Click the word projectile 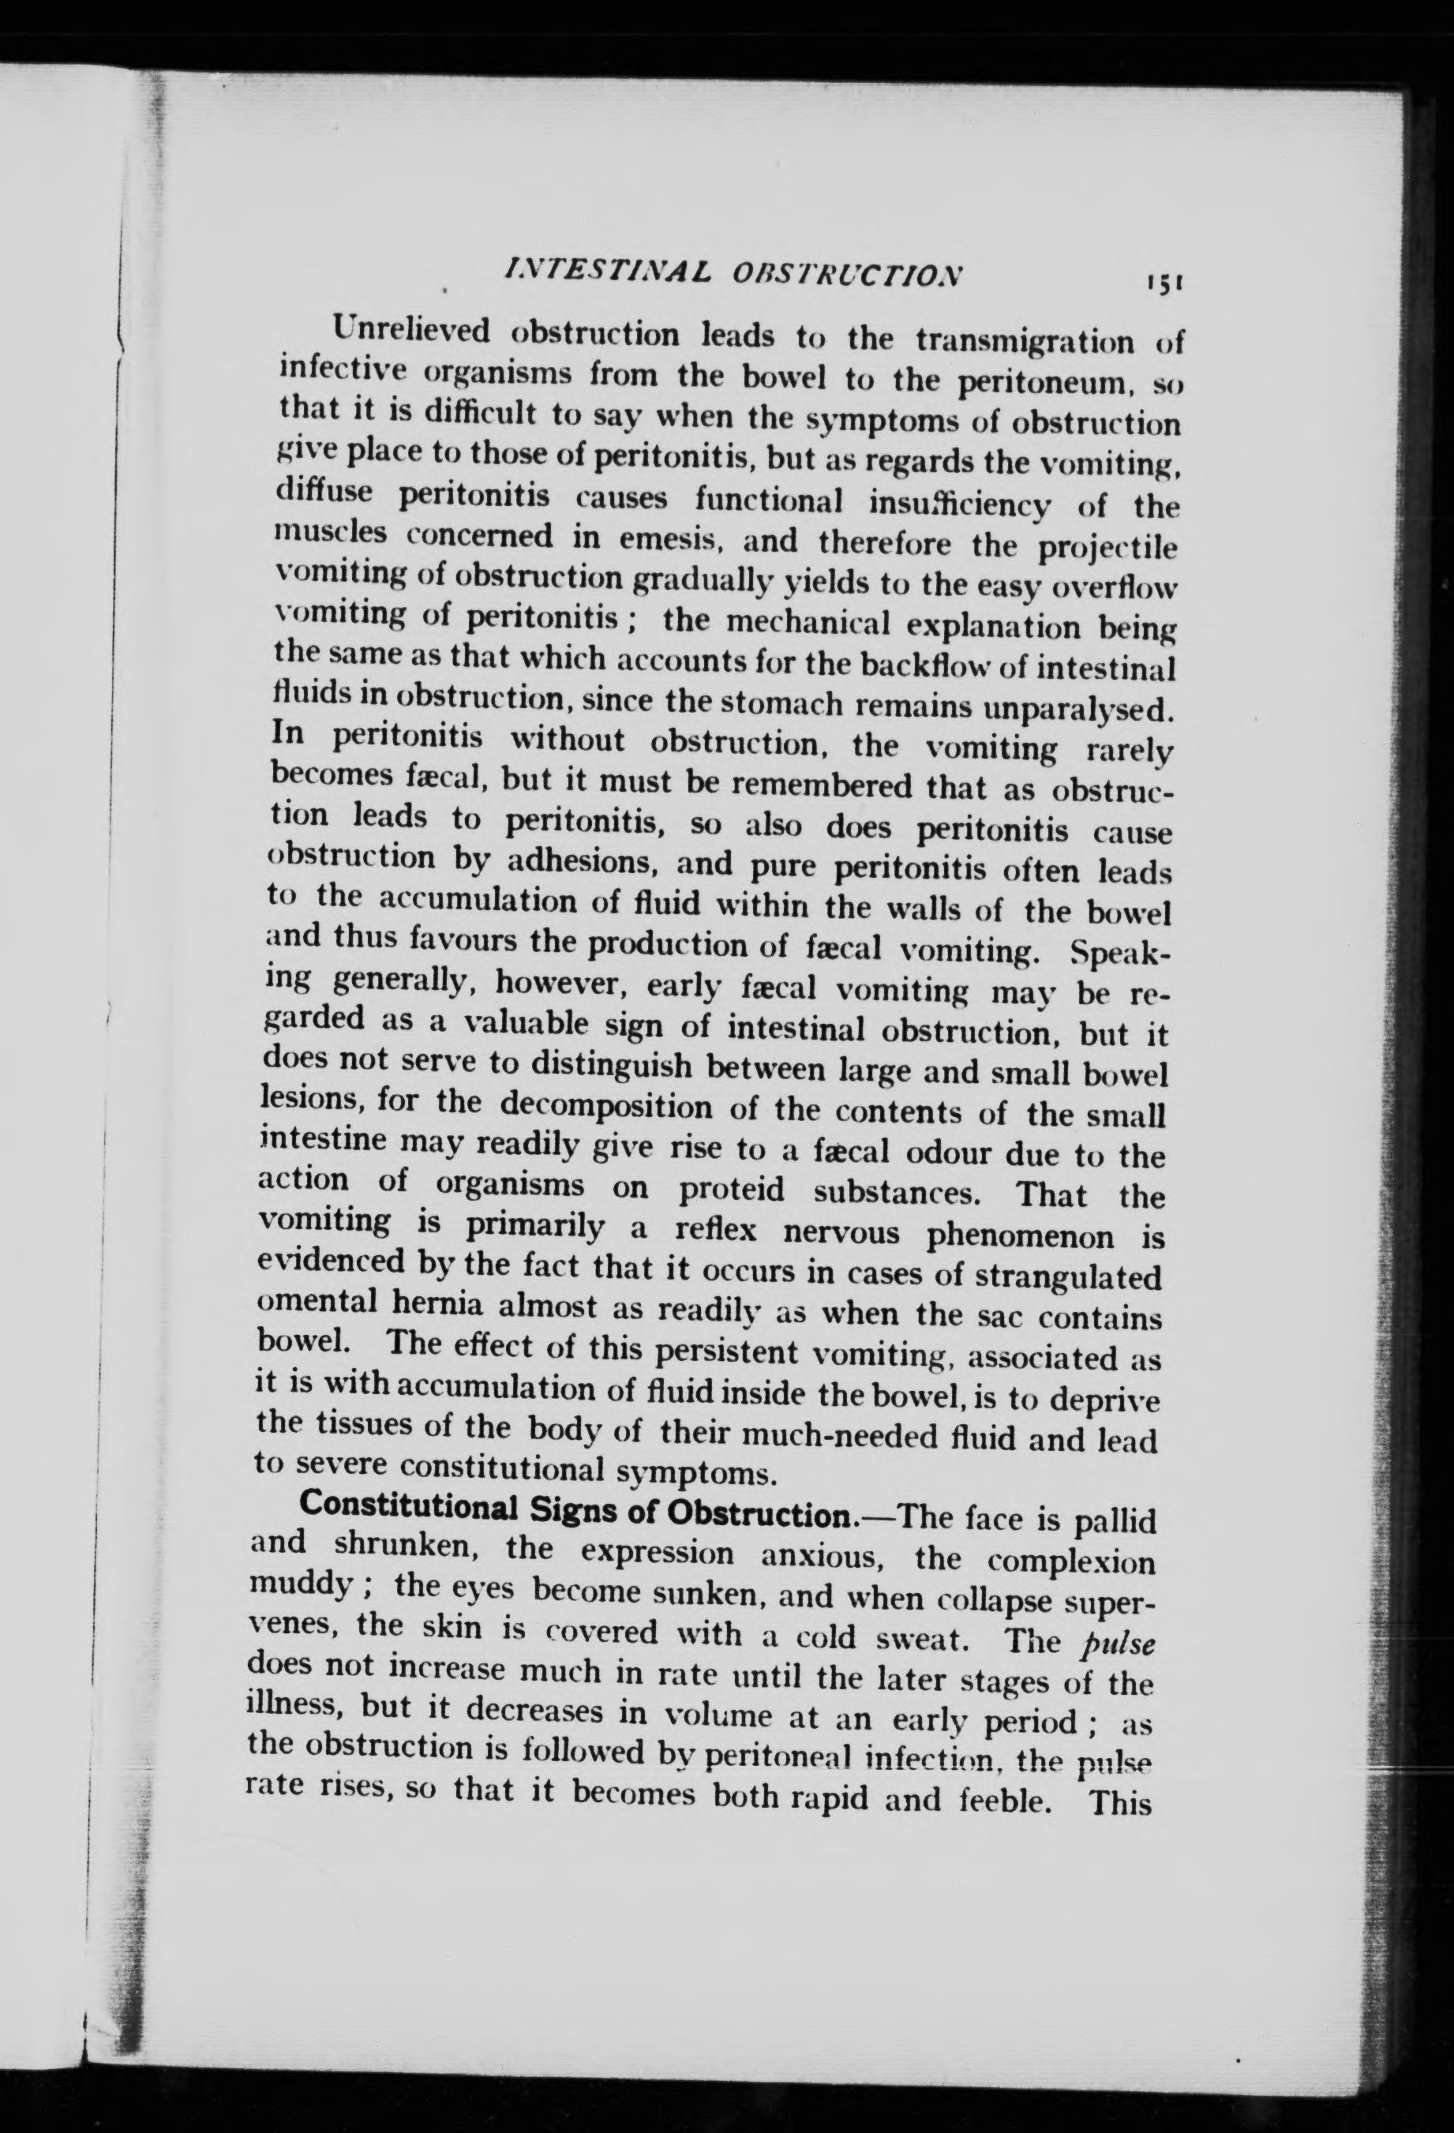pos(1106,547)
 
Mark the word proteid pos(732,1190)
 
